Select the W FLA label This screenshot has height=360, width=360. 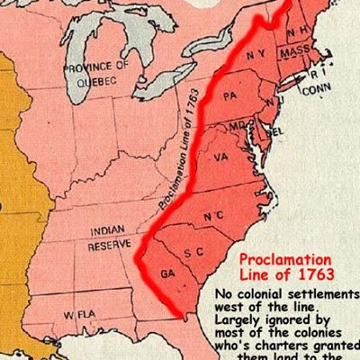[x=81, y=315]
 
